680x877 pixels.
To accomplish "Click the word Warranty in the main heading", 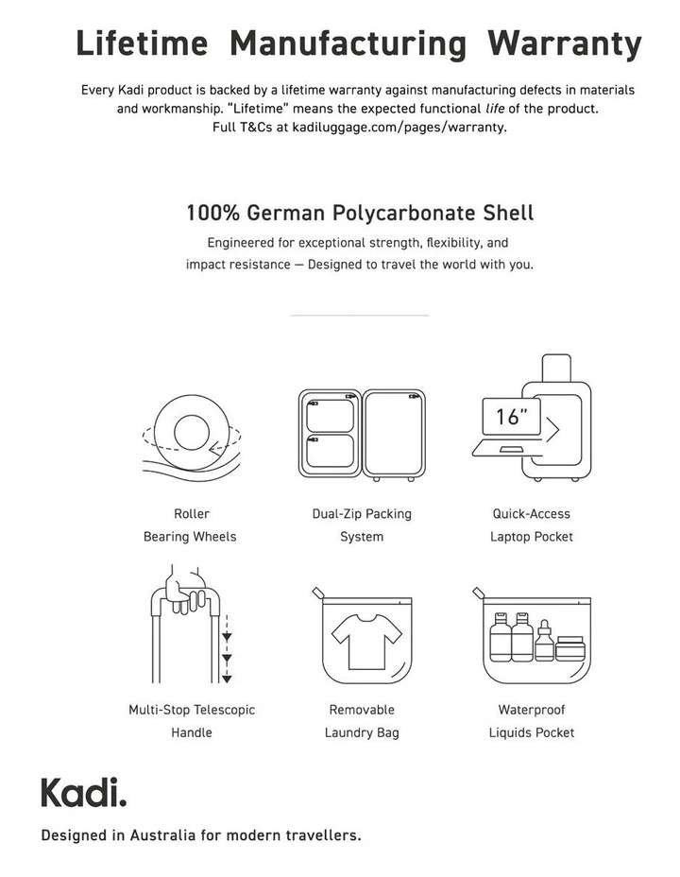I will (x=565, y=43).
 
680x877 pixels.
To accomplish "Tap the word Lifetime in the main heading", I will (x=142, y=43).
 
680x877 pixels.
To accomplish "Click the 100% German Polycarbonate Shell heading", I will (x=360, y=213).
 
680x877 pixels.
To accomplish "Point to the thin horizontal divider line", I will (x=359, y=316).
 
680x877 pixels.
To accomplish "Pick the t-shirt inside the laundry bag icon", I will (x=362, y=643).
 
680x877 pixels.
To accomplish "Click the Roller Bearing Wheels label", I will (x=191, y=525).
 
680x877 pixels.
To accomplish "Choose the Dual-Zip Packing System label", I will (x=362, y=525).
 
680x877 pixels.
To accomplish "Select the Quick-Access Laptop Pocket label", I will (x=532, y=525).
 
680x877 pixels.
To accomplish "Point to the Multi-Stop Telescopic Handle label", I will (x=192, y=721).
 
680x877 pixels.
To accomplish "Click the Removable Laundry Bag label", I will (x=362, y=721).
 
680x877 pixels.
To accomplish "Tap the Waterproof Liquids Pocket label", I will (x=532, y=721).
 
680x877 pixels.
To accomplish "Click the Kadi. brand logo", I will (x=83, y=792).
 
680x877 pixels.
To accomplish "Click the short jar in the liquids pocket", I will (x=569, y=649).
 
